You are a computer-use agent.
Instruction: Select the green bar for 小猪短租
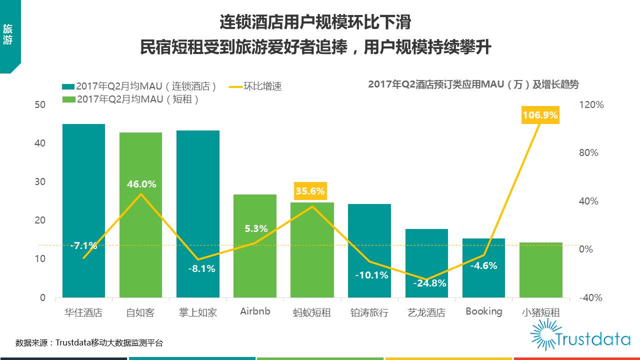click(x=541, y=270)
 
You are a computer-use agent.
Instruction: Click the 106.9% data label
click(x=540, y=115)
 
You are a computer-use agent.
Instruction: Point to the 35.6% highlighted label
click(x=310, y=191)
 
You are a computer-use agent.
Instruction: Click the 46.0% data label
click(x=141, y=184)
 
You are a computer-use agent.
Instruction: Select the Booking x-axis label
click(x=483, y=311)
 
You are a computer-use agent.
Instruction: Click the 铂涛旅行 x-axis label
click(x=369, y=313)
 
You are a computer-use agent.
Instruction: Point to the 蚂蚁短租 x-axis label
click(x=312, y=313)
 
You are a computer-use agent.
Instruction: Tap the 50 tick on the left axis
click(x=39, y=104)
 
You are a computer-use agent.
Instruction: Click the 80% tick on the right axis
click(x=588, y=153)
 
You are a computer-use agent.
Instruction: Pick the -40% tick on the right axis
click(x=590, y=297)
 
